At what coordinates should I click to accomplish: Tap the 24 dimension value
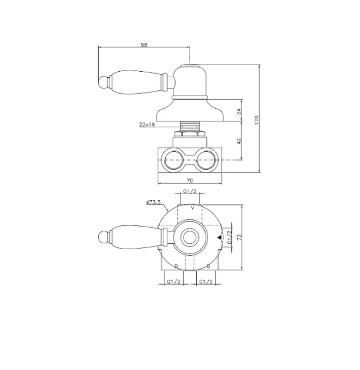tap(239, 111)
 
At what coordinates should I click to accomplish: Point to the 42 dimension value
tap(239, 141)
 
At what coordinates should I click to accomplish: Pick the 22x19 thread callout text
tap(147, 124)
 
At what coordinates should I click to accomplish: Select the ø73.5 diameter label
tap(152, 202)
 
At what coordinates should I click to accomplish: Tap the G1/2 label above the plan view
tap(190, 191)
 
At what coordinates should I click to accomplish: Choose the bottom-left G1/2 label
tap(174, 281)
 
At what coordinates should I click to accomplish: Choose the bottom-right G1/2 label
tap(205, 281)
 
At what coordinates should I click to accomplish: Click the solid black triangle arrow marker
tap(219, 238)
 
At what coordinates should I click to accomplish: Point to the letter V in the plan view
tap(192, 209)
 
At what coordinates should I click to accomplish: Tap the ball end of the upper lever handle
tap(104, 83)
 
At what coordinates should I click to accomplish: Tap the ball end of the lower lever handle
tap(104, 237)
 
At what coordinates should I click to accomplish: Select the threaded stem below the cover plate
tap(190, 125)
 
